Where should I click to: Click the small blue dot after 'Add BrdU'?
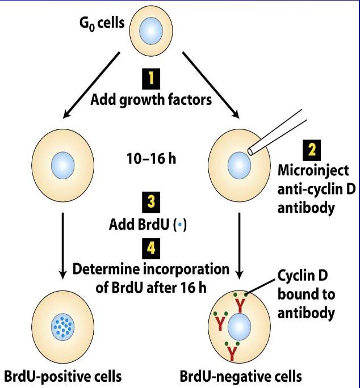pos(180,225)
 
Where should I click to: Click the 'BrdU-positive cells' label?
pos(62,376)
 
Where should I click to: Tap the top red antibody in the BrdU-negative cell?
pos(240,305)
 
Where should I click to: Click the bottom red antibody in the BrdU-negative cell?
pos(232,352)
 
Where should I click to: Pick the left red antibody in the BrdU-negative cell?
pos(220,323)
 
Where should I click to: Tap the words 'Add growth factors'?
pos(151,100)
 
